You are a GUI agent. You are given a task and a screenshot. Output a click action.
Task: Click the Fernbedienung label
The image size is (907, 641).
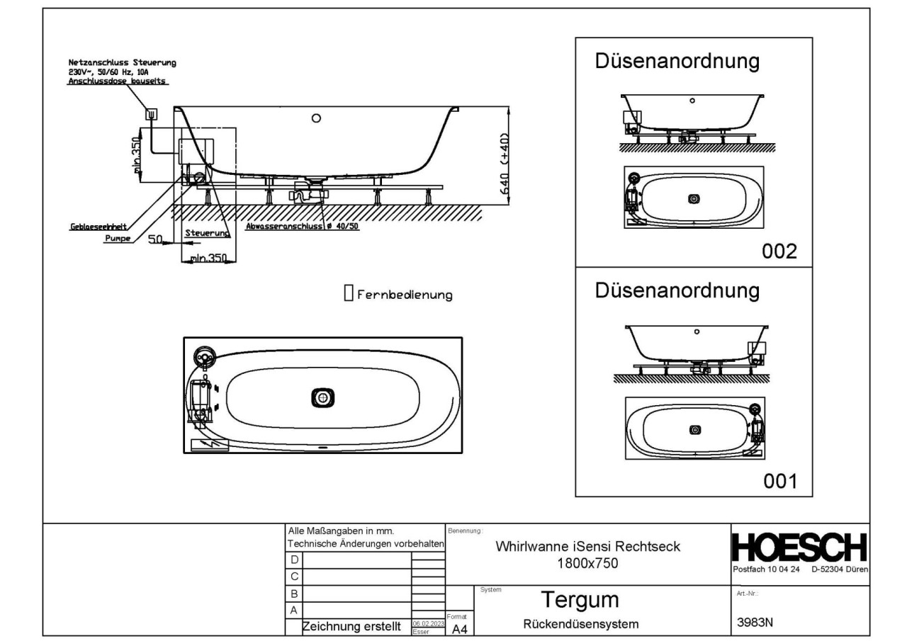pos(404,295)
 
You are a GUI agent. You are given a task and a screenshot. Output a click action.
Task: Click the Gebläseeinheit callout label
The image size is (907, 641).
pos(89,227)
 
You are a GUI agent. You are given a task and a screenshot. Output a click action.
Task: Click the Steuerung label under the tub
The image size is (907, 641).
pos(206,232)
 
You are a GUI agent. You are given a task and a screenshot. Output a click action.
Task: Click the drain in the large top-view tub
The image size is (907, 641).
pos(323,398)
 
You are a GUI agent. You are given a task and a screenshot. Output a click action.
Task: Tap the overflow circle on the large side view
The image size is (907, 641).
pos(317,118)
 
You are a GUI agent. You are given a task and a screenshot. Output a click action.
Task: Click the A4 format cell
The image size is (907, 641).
pos(458,628)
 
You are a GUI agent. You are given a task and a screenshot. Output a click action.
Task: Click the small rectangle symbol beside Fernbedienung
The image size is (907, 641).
pos(348,293)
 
